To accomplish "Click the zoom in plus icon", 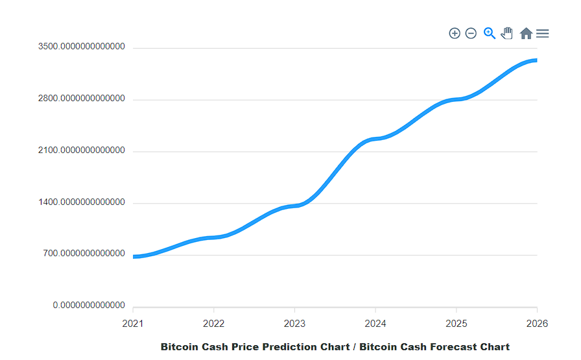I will click(455, 33).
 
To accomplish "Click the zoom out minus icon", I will click(471, 33).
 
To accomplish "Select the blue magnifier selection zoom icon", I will click(490, 33).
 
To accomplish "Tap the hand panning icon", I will click(507, 33).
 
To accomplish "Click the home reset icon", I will click(526, 33).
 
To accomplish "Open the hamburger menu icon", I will click(543, 33).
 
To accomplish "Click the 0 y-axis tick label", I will click(89, 306).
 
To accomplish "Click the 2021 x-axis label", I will click(133, 323).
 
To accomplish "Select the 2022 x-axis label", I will click(214, 323).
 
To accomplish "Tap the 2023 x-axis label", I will click(294, 323).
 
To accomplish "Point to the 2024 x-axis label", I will click(375, 323).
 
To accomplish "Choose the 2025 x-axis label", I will click(456, 323).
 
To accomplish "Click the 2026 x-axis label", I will click(536, 323).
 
